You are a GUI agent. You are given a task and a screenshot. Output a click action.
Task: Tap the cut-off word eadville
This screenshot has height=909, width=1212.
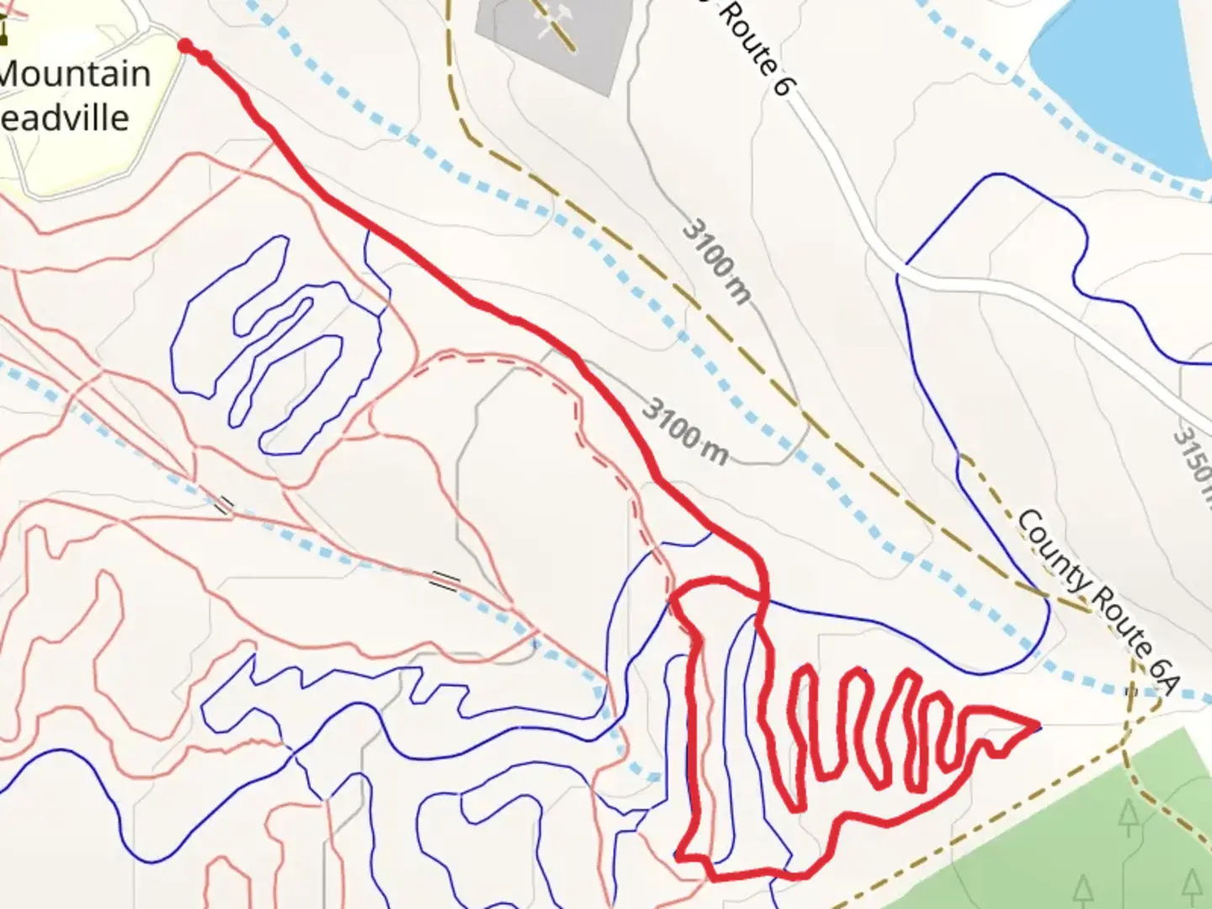(66, 117)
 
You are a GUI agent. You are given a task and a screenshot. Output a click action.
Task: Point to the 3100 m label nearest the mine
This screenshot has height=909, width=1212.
(716, 261)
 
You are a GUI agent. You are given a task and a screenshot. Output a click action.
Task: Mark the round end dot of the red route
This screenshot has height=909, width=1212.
(186, 45)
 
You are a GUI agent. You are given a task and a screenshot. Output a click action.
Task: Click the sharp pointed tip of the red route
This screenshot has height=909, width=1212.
(1038, 723)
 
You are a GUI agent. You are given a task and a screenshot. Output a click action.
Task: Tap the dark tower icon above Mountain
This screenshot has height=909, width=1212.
(5, 29)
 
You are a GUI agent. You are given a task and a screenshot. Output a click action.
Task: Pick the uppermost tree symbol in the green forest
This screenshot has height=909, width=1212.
(1127, 816)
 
